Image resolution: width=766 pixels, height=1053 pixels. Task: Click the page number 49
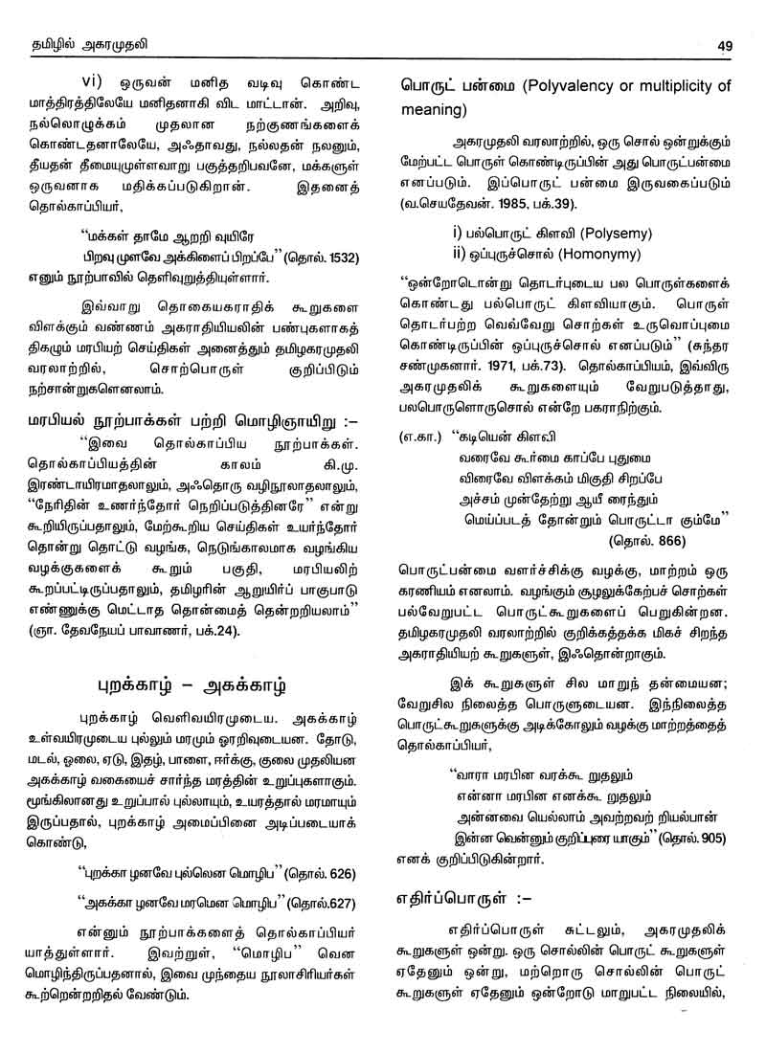point(723,43)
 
